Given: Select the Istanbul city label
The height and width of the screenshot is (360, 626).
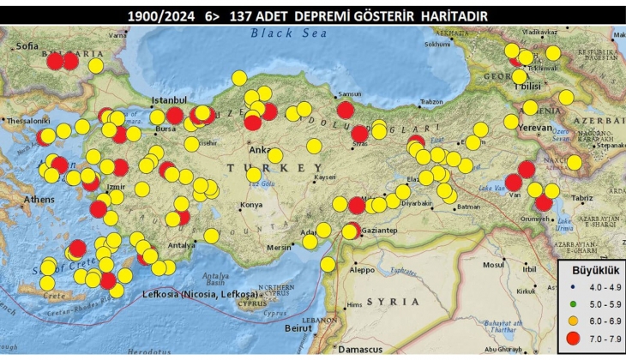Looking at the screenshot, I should click(x=168, y=100).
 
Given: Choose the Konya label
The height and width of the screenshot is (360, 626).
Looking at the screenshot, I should click(x=251, y=205).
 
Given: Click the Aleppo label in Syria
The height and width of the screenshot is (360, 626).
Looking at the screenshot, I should click(x=363, y=268).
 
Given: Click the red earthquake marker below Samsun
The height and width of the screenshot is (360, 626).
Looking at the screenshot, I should click(x=346, y=110).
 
